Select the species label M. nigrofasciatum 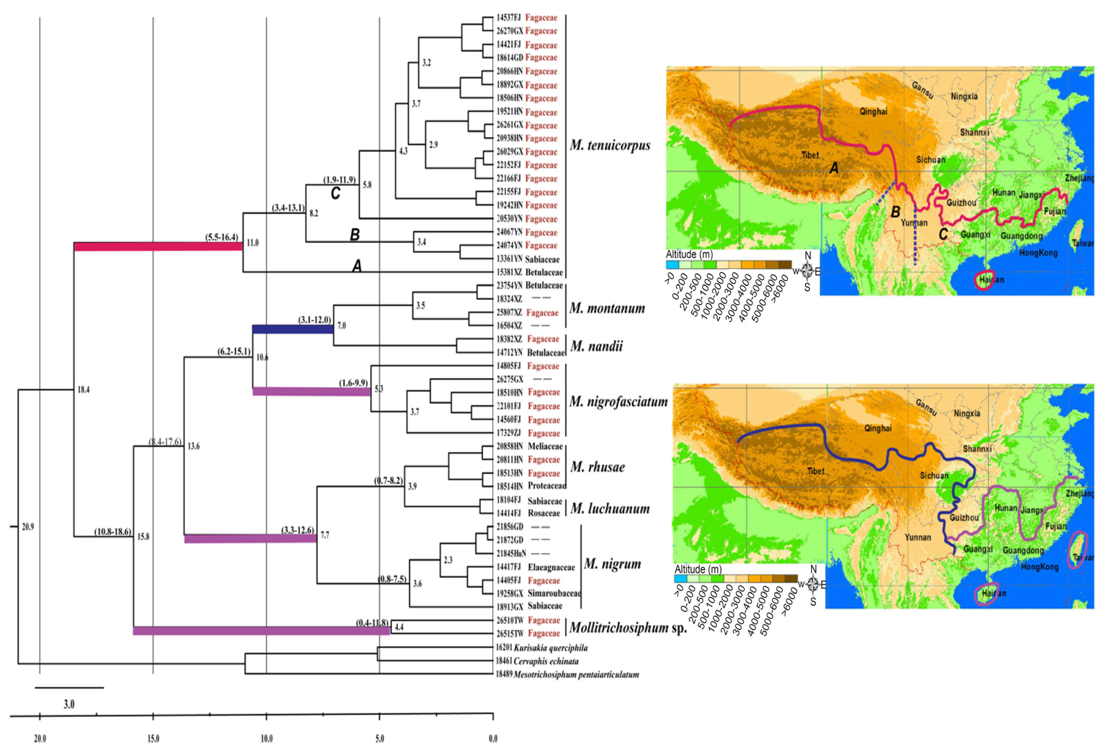618,402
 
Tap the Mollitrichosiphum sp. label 628,628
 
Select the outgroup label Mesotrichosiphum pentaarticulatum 576,674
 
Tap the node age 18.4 83,390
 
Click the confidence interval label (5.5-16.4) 222,237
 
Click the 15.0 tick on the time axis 153,738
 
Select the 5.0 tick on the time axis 380,738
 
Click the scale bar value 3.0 69,704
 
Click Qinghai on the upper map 873,111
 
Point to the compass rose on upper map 807,271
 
